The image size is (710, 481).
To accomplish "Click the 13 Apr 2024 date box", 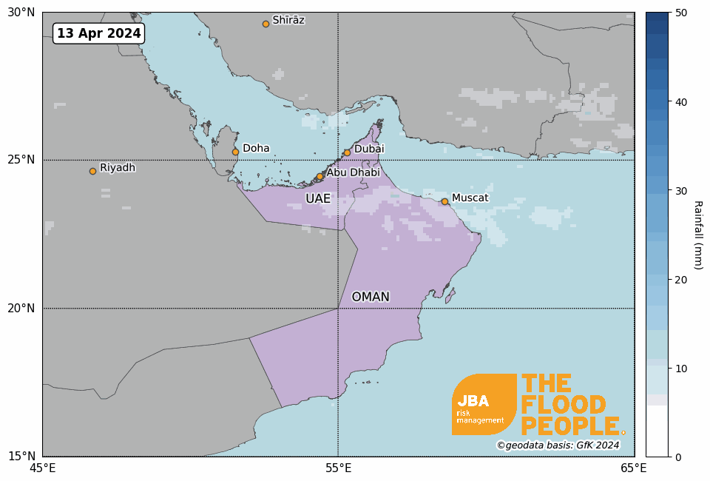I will [x=98, y=33].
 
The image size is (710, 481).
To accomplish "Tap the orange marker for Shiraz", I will [x=266, y=24].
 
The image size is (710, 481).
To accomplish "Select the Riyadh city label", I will [x=118, y=168].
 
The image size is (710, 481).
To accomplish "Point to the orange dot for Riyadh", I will [x=92, y=171].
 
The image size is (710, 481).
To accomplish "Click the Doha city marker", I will [x=235, y=152].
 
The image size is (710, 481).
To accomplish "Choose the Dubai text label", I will [x=369, y=149].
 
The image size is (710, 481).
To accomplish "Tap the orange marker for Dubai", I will [x=347, y=152].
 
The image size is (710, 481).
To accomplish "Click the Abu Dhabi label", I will [x=353, y=172].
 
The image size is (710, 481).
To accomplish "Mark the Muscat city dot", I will [x=444, y=201].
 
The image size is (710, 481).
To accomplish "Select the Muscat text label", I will [x=470, y=198].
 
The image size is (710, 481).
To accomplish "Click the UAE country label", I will [x=318, y=199].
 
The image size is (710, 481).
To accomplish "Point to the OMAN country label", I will [x=371, y=297].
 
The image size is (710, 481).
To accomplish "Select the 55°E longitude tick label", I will [x=338, y=468].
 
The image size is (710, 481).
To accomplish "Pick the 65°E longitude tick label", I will [x=634, y=468].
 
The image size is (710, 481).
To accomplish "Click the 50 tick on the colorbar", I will [x=681, y=13].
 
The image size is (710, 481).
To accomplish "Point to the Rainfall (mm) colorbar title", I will [x=697, y=235].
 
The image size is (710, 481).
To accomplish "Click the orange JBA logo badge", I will [x=484, y=404].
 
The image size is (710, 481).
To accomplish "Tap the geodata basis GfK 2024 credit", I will [x=558, y=445].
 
